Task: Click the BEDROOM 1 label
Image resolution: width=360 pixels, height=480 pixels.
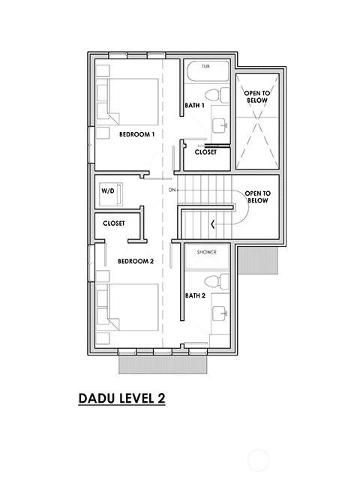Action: (136, 134)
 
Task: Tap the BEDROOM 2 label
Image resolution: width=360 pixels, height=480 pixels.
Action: (136, 261)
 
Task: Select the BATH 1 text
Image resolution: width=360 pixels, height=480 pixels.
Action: (196, 106)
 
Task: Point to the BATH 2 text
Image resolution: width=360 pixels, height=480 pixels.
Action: (196, 295)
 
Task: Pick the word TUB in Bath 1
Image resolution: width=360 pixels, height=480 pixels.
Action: (205, 67)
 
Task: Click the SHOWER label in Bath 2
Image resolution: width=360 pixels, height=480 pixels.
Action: (207, 253)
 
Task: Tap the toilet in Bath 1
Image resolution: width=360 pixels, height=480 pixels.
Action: (216, 95)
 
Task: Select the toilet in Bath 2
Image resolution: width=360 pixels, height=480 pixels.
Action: (216, 282)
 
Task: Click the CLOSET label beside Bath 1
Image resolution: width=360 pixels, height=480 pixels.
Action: (205, 151)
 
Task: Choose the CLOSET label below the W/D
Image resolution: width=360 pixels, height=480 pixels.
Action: (114, 223)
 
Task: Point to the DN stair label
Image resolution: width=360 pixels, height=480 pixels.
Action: (172, 190)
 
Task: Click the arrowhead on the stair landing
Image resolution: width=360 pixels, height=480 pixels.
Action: (214, 223)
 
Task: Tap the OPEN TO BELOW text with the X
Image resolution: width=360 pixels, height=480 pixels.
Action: (257, 96)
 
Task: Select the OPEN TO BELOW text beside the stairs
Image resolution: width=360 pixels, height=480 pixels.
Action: (257, 196)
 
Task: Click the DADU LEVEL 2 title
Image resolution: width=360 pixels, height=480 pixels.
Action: (121, 397)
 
